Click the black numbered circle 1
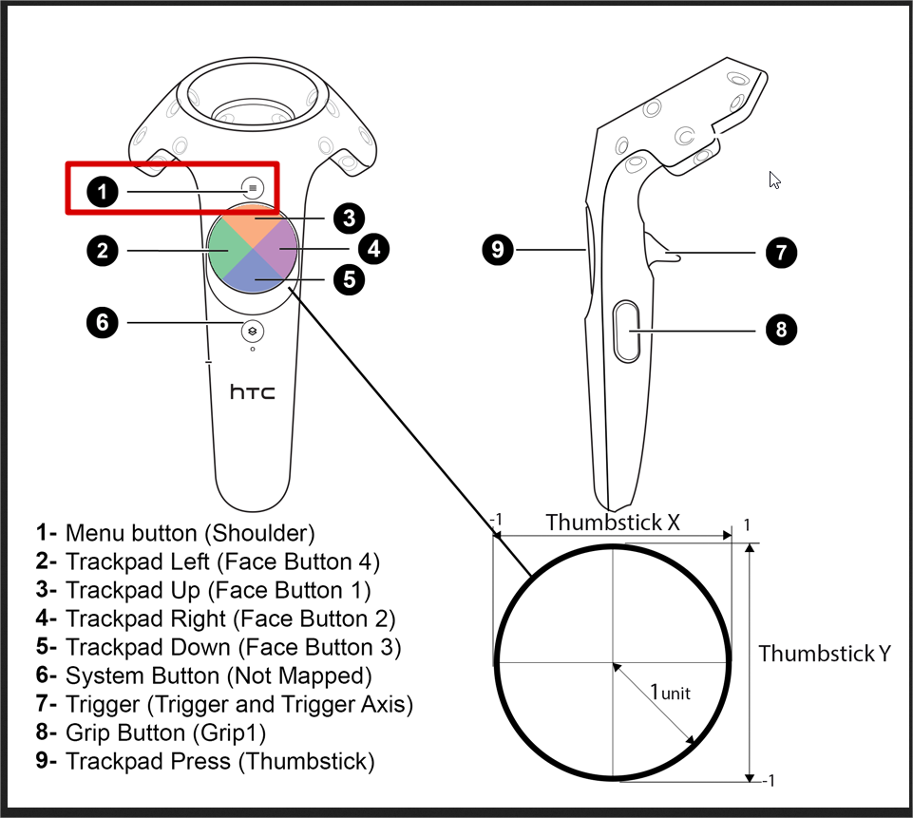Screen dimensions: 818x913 [x=103, y=192]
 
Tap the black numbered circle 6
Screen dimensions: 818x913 [x=103, y=323]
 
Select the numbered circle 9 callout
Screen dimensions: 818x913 [x=499, y=251]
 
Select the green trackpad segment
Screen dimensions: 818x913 [x=226, y=251]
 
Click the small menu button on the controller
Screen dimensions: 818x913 [x=253, y=188]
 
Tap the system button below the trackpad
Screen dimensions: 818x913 [x=253, y=330]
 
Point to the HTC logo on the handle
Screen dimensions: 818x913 [x=253, y=391]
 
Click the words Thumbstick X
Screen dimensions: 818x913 [x=613, y=522]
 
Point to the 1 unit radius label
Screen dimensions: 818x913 [x=671, y=693]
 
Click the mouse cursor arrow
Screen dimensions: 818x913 [x=774, y=180]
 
